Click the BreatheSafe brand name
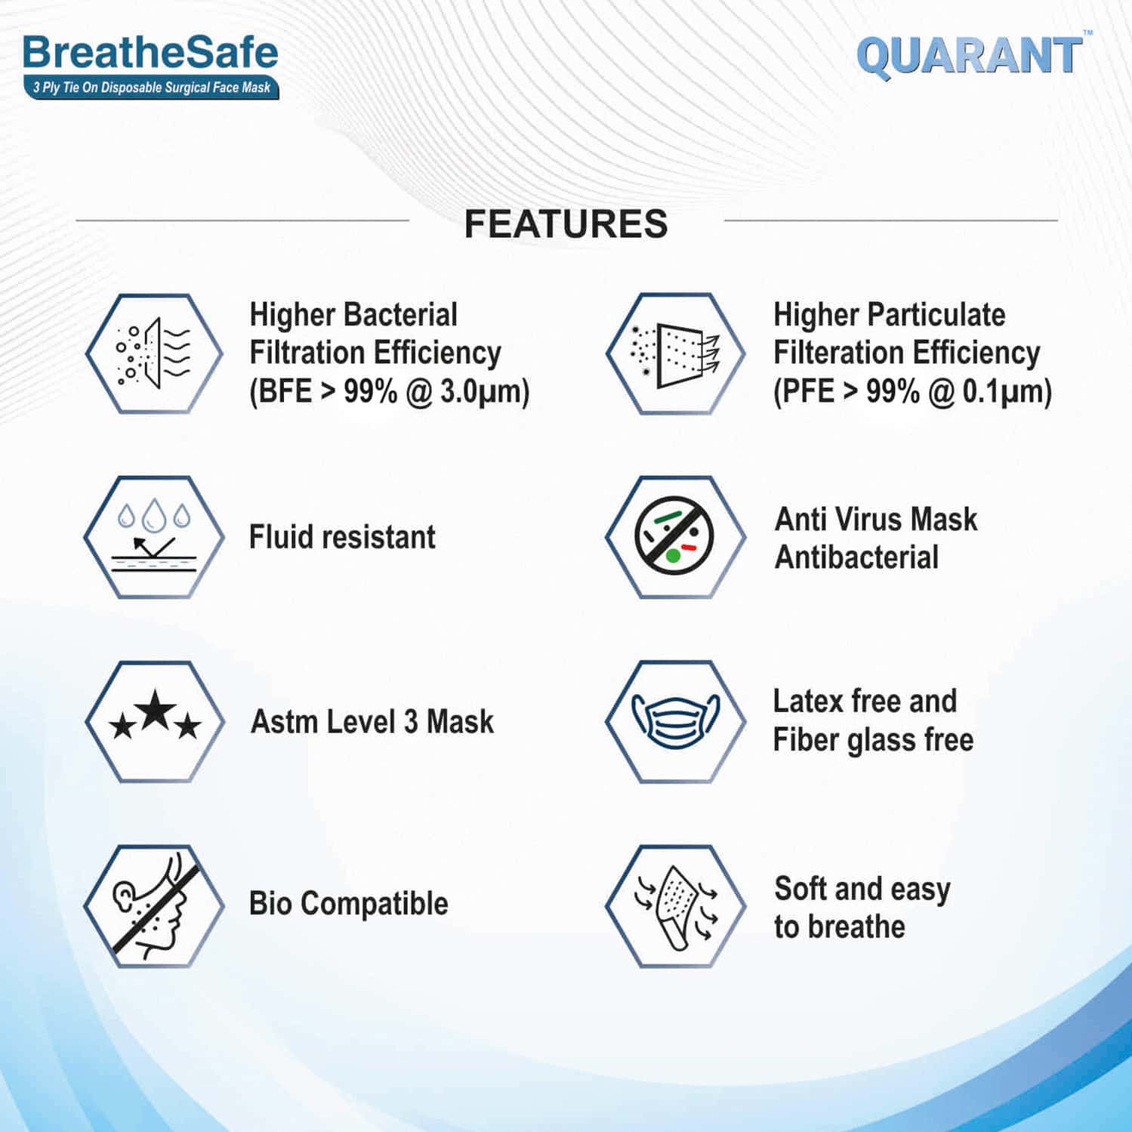[150, 53]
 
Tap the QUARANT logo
[970, 57]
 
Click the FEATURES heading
[566, 224]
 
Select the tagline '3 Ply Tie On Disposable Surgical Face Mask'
[151, 88]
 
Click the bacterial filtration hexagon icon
[154, 353]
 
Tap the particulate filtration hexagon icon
[675, 353]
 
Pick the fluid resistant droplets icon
[154, 537]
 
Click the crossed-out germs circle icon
[674, 535]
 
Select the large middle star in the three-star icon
[156, 710]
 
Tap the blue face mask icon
[675, 721]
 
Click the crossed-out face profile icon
[154, 905]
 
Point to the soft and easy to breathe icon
[675, 905]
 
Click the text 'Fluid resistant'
[342, 537]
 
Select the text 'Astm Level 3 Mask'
[372, 721]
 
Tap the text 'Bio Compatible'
[348, 903]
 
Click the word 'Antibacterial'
[856, 557]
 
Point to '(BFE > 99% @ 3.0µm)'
[390, 391]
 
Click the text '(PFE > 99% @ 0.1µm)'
[912, 391]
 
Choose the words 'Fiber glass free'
[873, 740]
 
